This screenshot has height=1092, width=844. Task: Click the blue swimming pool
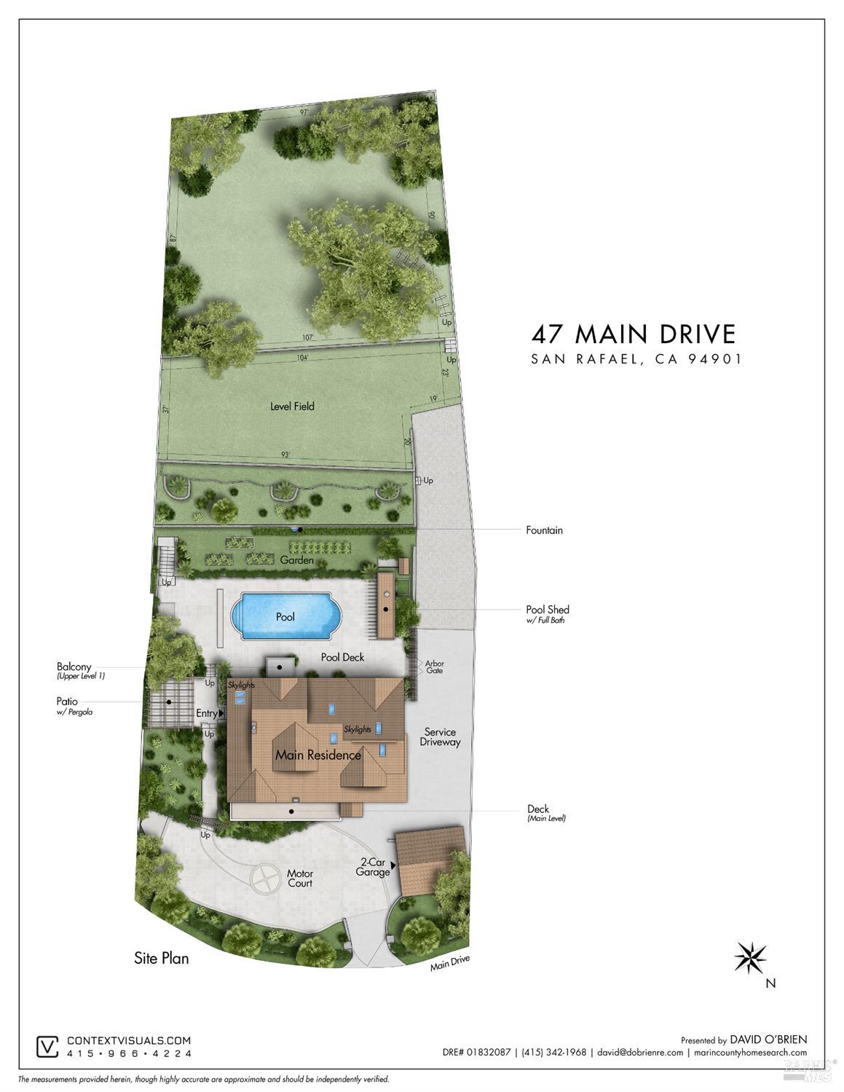coord(286,616)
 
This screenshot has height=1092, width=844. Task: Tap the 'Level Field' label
coord(292,406)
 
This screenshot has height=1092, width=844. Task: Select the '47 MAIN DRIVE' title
coord(634,334)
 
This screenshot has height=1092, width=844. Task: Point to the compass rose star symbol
coord(750,957)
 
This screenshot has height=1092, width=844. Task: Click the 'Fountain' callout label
coord(544,530)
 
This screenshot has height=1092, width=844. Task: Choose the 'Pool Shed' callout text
coord(548,610)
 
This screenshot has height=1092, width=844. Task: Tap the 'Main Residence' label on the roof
coord(318,755)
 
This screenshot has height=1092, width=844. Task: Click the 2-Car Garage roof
coord(430,860)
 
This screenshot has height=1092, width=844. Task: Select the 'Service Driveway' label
coord(440,736)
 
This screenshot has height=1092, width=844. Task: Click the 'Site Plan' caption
coord(161,958)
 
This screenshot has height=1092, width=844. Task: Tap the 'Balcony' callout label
coord(74,667)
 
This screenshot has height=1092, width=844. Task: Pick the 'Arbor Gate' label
coord(434,667)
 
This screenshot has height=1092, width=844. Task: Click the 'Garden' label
coord(297,560)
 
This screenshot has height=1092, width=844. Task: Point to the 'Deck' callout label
coord(538,809)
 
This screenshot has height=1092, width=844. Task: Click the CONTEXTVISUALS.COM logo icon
coord(47,1047)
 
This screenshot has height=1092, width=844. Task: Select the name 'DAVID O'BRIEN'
coord(768,1040)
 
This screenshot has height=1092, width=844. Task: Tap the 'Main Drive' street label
coord(449,963)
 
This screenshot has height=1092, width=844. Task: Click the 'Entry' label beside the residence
coord(207,713)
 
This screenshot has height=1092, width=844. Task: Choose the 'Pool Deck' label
coord(342,657)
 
